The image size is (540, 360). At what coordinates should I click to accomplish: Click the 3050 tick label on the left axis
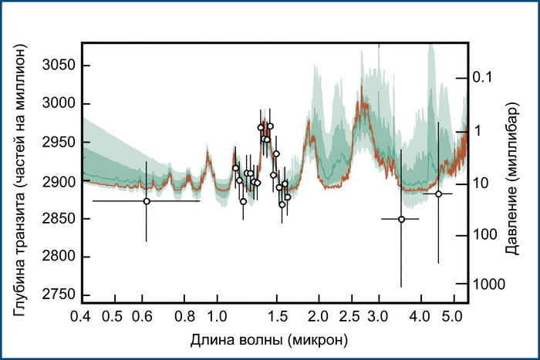[57, 66]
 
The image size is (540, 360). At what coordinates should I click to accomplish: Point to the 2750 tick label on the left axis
[57, 295]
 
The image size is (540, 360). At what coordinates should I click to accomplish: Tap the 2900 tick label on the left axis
[57, 181]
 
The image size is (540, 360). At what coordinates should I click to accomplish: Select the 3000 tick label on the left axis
[57, 105]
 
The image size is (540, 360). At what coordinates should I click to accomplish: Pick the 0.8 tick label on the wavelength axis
[185, 316]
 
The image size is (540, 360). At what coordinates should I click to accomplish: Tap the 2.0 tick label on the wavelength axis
[319, 316]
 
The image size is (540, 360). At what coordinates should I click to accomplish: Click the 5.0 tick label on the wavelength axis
[451, 316]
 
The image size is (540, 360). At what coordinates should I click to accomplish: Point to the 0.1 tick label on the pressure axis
[482, 77]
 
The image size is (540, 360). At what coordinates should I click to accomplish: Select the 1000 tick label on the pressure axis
[489, 284]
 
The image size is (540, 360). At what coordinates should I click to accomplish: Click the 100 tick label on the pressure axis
[485, 234]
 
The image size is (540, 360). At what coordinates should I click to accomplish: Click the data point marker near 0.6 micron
[147, 201]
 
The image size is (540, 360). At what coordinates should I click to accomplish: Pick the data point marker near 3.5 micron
[401, 219]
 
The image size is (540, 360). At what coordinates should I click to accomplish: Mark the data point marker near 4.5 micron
[438, 194]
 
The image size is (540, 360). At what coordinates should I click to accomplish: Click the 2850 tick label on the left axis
[57, 219]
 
